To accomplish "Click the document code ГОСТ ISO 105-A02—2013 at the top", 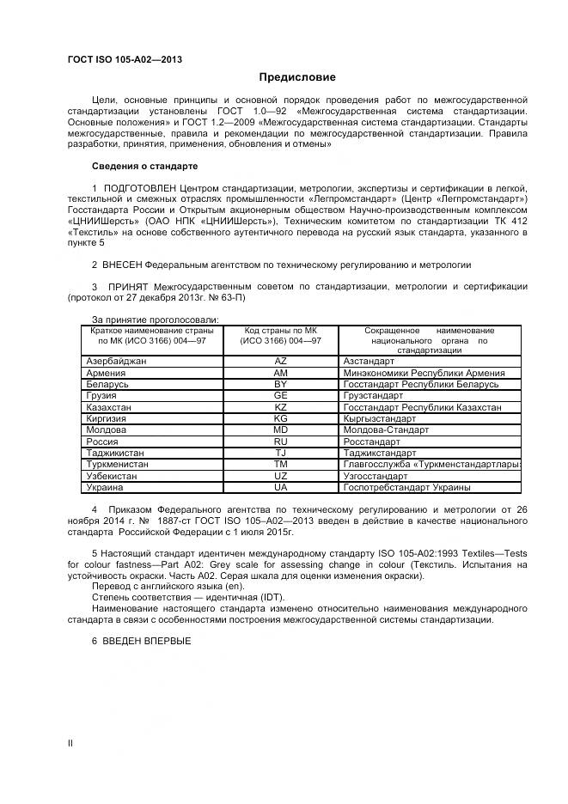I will pos(125,59).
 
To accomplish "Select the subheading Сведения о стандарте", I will pos(144,165).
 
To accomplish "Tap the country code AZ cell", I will pos(280,362).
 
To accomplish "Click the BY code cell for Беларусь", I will pos(280,384).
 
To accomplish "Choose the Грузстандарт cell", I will pos(373,395).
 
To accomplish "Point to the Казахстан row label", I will pos(110,406).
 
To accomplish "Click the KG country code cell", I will pos(280,418).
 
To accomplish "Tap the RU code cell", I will pos(280,441).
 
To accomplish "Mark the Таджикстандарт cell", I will pos(379,453).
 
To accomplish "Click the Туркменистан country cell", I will pos(118,464).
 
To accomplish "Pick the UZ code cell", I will pos(280,475).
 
